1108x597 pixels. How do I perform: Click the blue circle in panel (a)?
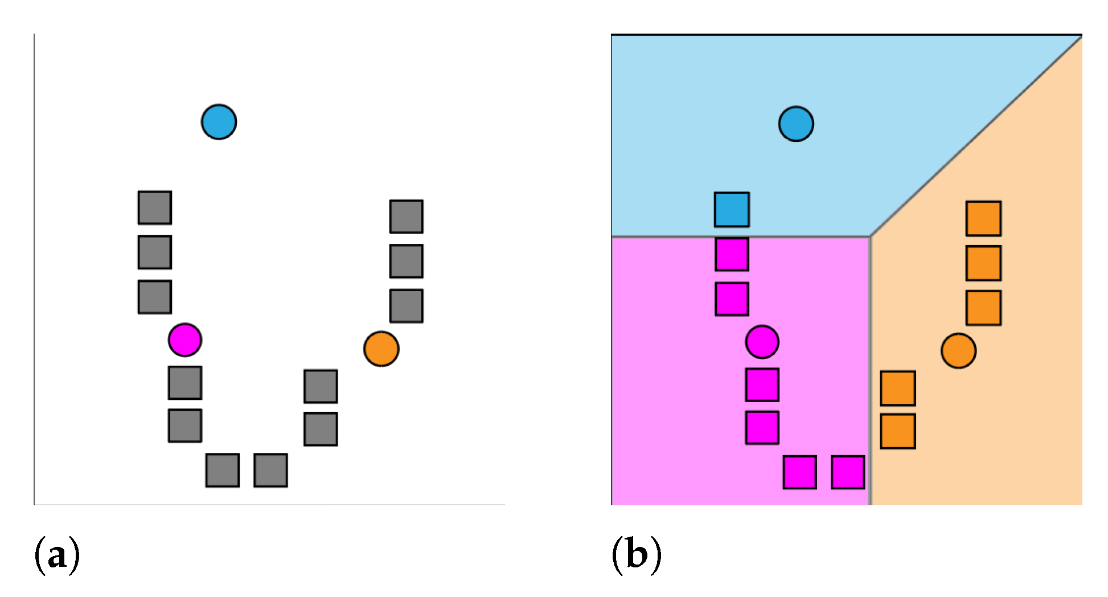(219, 122)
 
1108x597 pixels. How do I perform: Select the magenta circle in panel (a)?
(185, 340)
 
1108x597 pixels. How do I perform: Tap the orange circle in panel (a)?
(381, 349)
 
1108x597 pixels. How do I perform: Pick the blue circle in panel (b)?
(796, 124)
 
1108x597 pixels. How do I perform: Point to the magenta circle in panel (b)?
(762, 342)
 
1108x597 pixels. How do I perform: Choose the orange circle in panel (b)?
(958, 351)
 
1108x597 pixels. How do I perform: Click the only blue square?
(732, 210)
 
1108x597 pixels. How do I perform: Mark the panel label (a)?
(57, 554)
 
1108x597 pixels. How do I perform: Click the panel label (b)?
(636, 554)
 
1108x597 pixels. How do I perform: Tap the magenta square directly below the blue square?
(732, 255)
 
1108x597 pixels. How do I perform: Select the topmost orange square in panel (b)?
(983, 218)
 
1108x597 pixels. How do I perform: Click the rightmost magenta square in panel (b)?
(848, 472)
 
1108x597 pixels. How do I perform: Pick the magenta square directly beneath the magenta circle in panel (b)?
(762, 385)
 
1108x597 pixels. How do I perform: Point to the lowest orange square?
(898, 431)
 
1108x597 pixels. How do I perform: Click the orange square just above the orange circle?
(983, 308)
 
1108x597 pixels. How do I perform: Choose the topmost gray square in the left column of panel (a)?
(155, 207)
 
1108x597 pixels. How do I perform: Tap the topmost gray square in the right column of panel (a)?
(406, 216)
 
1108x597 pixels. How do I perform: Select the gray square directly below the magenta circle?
(185, 383)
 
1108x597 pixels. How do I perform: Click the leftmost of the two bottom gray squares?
(222, 470)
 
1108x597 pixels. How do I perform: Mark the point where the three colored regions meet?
(870, 236)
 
